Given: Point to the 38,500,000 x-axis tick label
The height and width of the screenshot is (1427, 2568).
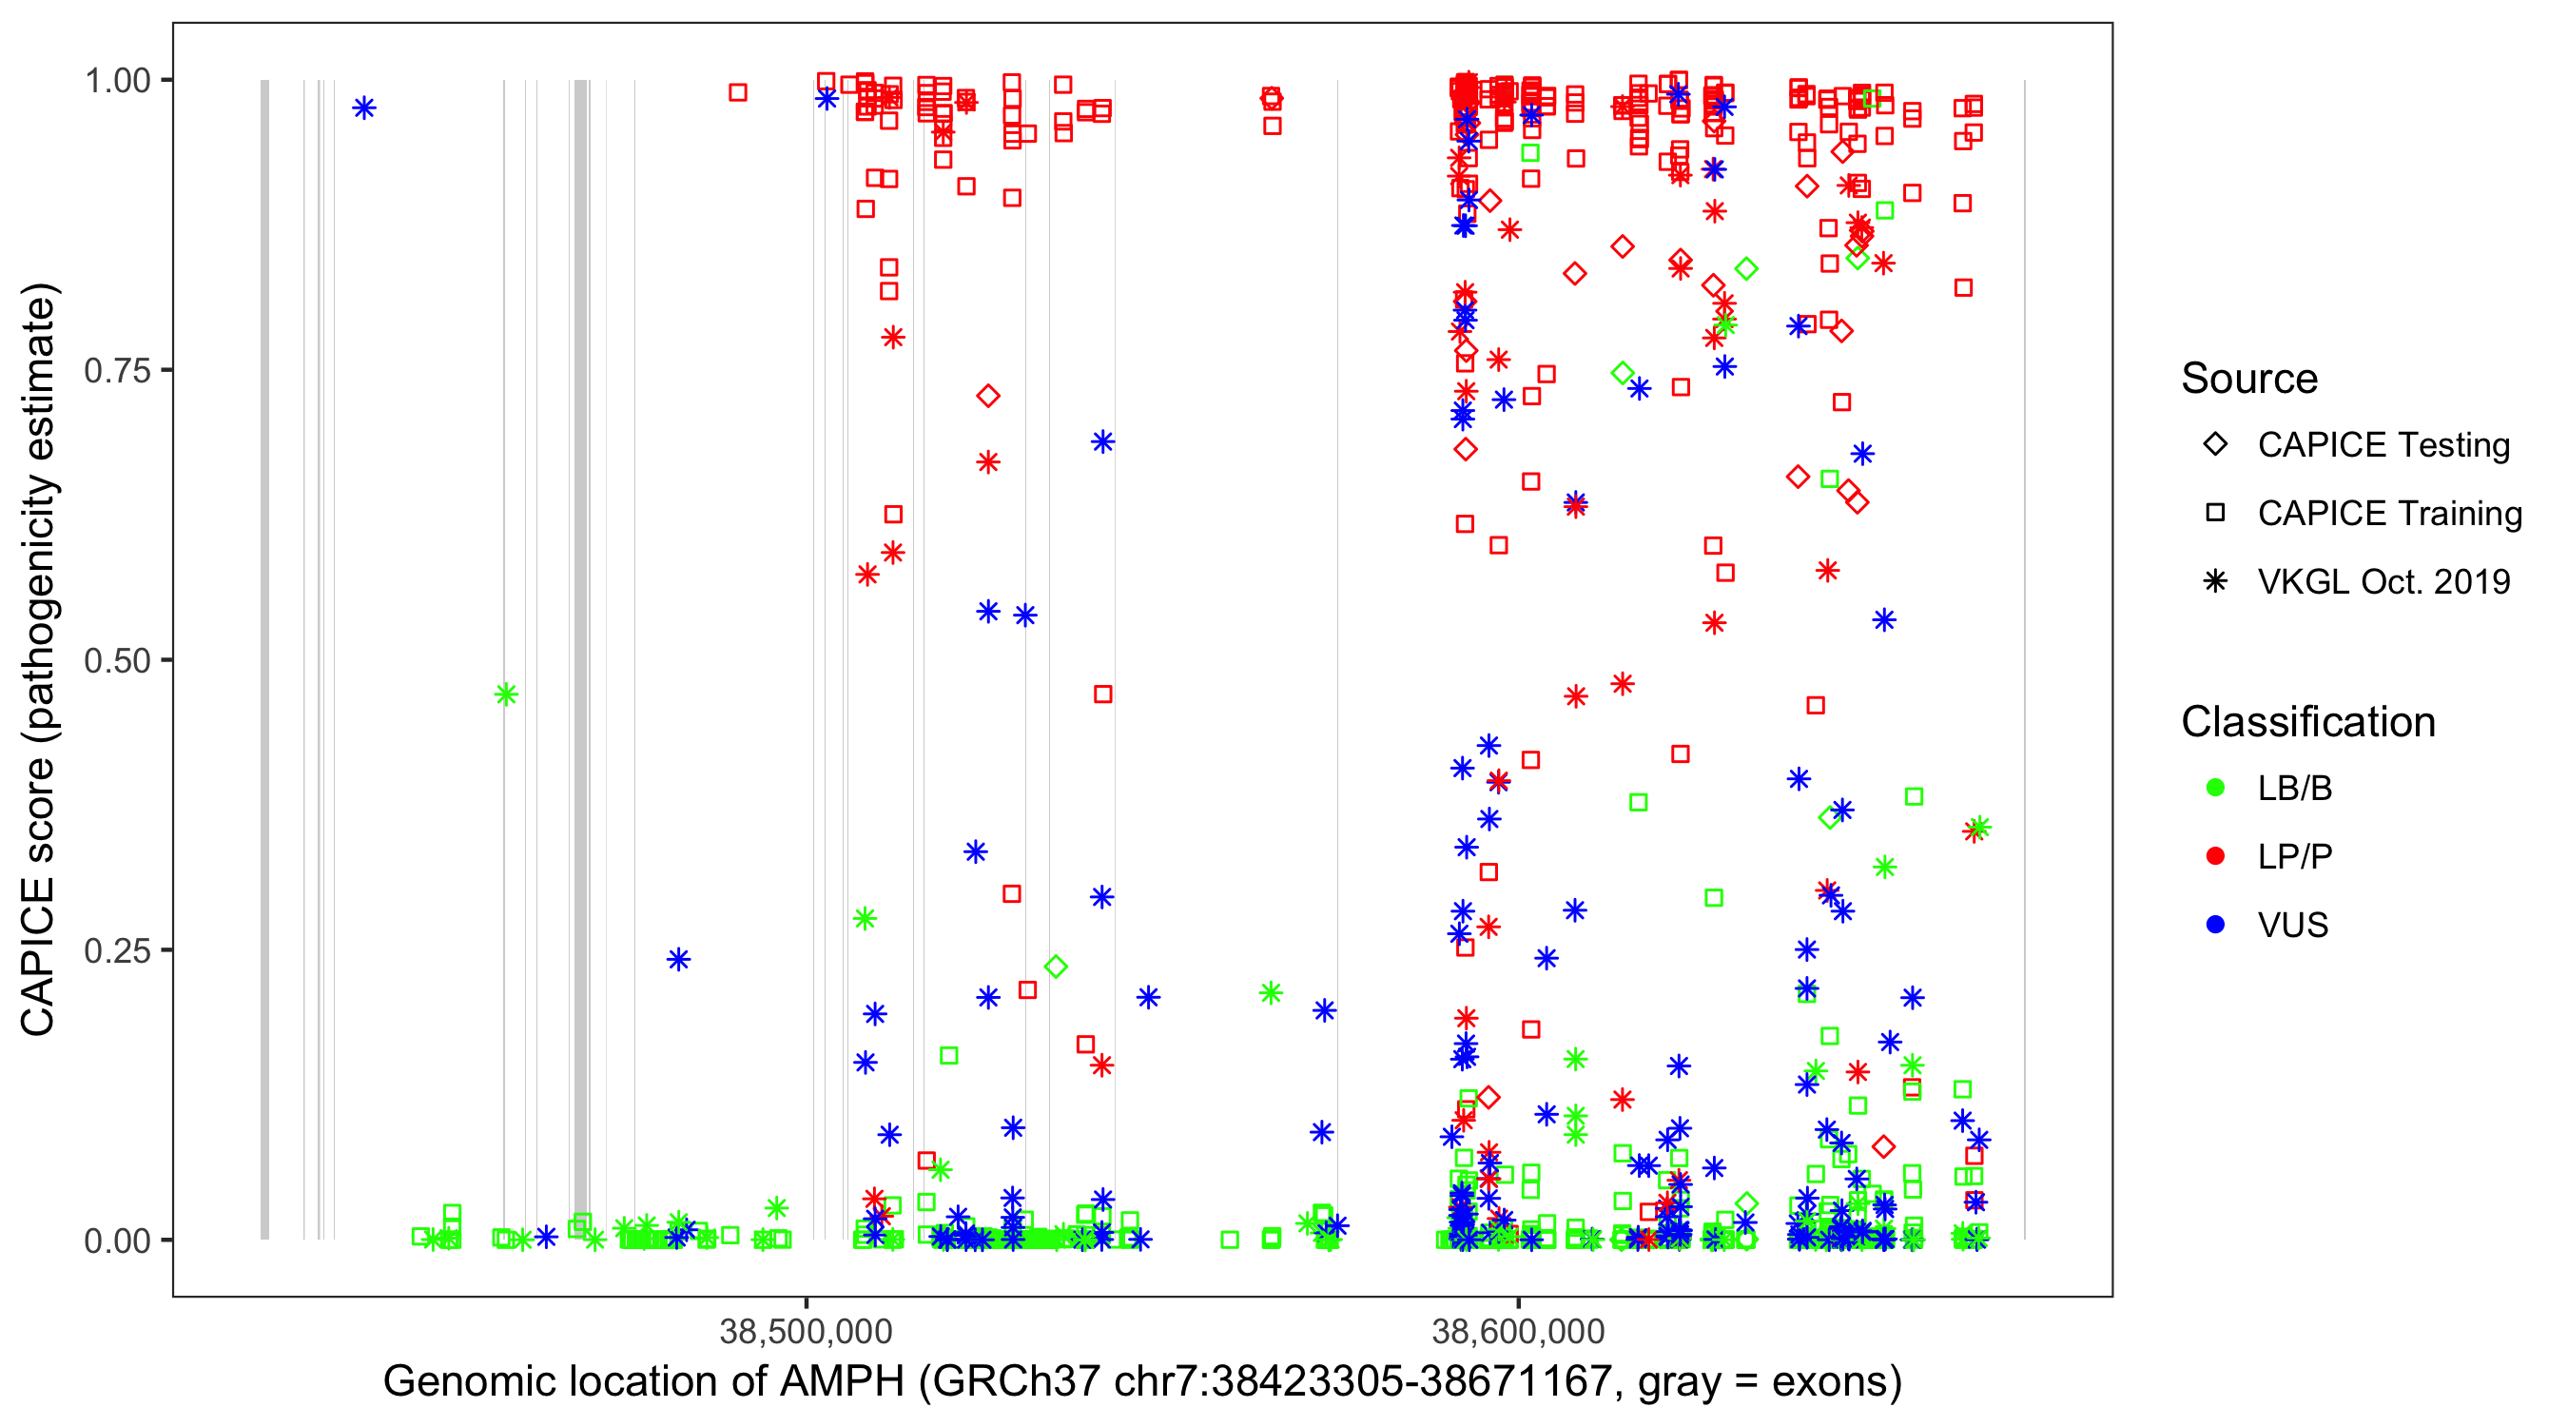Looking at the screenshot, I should (x=806, y=1331).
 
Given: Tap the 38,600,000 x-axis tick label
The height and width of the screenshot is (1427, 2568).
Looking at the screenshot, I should (x=1518, y=1331).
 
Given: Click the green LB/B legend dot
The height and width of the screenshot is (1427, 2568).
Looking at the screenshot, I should (x=2216, y=788).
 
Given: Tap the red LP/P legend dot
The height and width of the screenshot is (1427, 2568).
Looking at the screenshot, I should (x=2216, y=856).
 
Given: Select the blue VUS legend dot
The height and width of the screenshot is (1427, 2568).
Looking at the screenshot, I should (x=2216, y=925).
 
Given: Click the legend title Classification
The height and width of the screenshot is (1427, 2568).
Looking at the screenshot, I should (x=2307, y=722).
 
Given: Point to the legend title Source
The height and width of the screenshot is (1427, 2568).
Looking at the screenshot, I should (x=2249, y=379).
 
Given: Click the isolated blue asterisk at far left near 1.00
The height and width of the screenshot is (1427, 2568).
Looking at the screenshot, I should (x=365, y=108).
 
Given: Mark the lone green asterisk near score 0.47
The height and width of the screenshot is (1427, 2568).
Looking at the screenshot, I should (x=506, y=694).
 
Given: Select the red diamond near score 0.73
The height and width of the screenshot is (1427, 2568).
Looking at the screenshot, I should (x=988, y=396).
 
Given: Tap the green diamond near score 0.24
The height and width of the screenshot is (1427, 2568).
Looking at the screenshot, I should (x=1057, y=967).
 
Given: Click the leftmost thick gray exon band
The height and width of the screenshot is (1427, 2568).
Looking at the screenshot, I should (x=265, y=658).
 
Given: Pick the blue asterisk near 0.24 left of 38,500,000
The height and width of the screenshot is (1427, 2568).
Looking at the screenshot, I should (x=679, y=959).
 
